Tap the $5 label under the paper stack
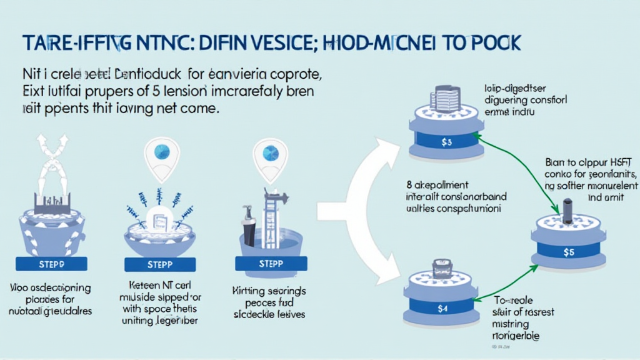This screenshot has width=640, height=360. click(446, 142)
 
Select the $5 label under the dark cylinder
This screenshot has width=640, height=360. click(568, 252)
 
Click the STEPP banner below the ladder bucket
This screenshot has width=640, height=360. click(271, 264)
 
